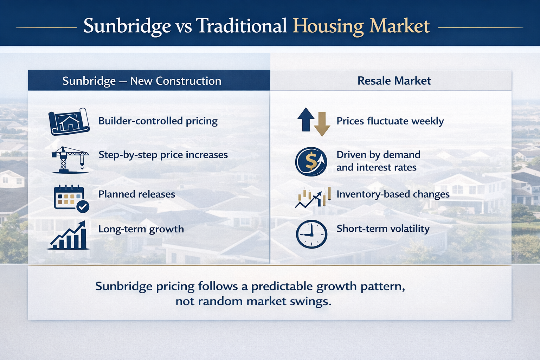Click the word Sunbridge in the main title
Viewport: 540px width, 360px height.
[127, 26]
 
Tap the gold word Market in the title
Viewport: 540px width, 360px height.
[399, 26]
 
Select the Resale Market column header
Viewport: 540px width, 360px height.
[394, 81]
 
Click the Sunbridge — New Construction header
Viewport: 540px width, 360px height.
[142, 81]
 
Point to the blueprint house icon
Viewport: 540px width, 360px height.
[69, 121]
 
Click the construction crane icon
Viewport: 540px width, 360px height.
[70, 160]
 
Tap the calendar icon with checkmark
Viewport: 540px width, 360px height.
[71, 198]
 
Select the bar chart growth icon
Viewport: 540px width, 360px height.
[69, 236]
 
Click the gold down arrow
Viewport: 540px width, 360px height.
[322, 124]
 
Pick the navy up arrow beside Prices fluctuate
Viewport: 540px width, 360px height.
[306, 119]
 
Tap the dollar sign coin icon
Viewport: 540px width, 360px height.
[311, 161]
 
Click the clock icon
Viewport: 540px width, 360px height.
[311, 234]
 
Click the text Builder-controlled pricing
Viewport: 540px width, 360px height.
[158, 121]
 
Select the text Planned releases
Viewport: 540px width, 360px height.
[136, 194]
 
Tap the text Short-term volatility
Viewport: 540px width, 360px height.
[383, 229]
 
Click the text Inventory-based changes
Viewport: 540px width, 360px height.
[393, 194]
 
